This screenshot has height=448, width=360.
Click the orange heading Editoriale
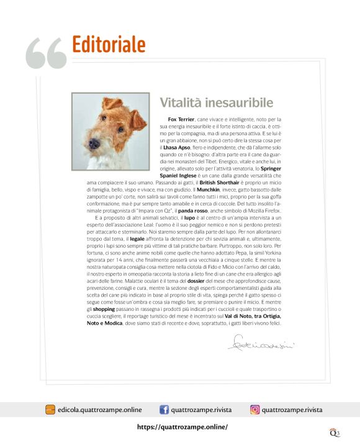tap(109, 45)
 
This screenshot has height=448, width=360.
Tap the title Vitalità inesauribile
tap(216, 102)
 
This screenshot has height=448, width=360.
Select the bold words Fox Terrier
tap(181, 118)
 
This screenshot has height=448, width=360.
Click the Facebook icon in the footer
tap(164, 410)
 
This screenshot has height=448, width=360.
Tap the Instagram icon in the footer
tap(254, 410)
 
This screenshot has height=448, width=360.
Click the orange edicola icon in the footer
tap(50, 410)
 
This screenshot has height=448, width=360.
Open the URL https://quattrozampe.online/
tap(182, 427)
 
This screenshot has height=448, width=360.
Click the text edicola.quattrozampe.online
tap(99, 410)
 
